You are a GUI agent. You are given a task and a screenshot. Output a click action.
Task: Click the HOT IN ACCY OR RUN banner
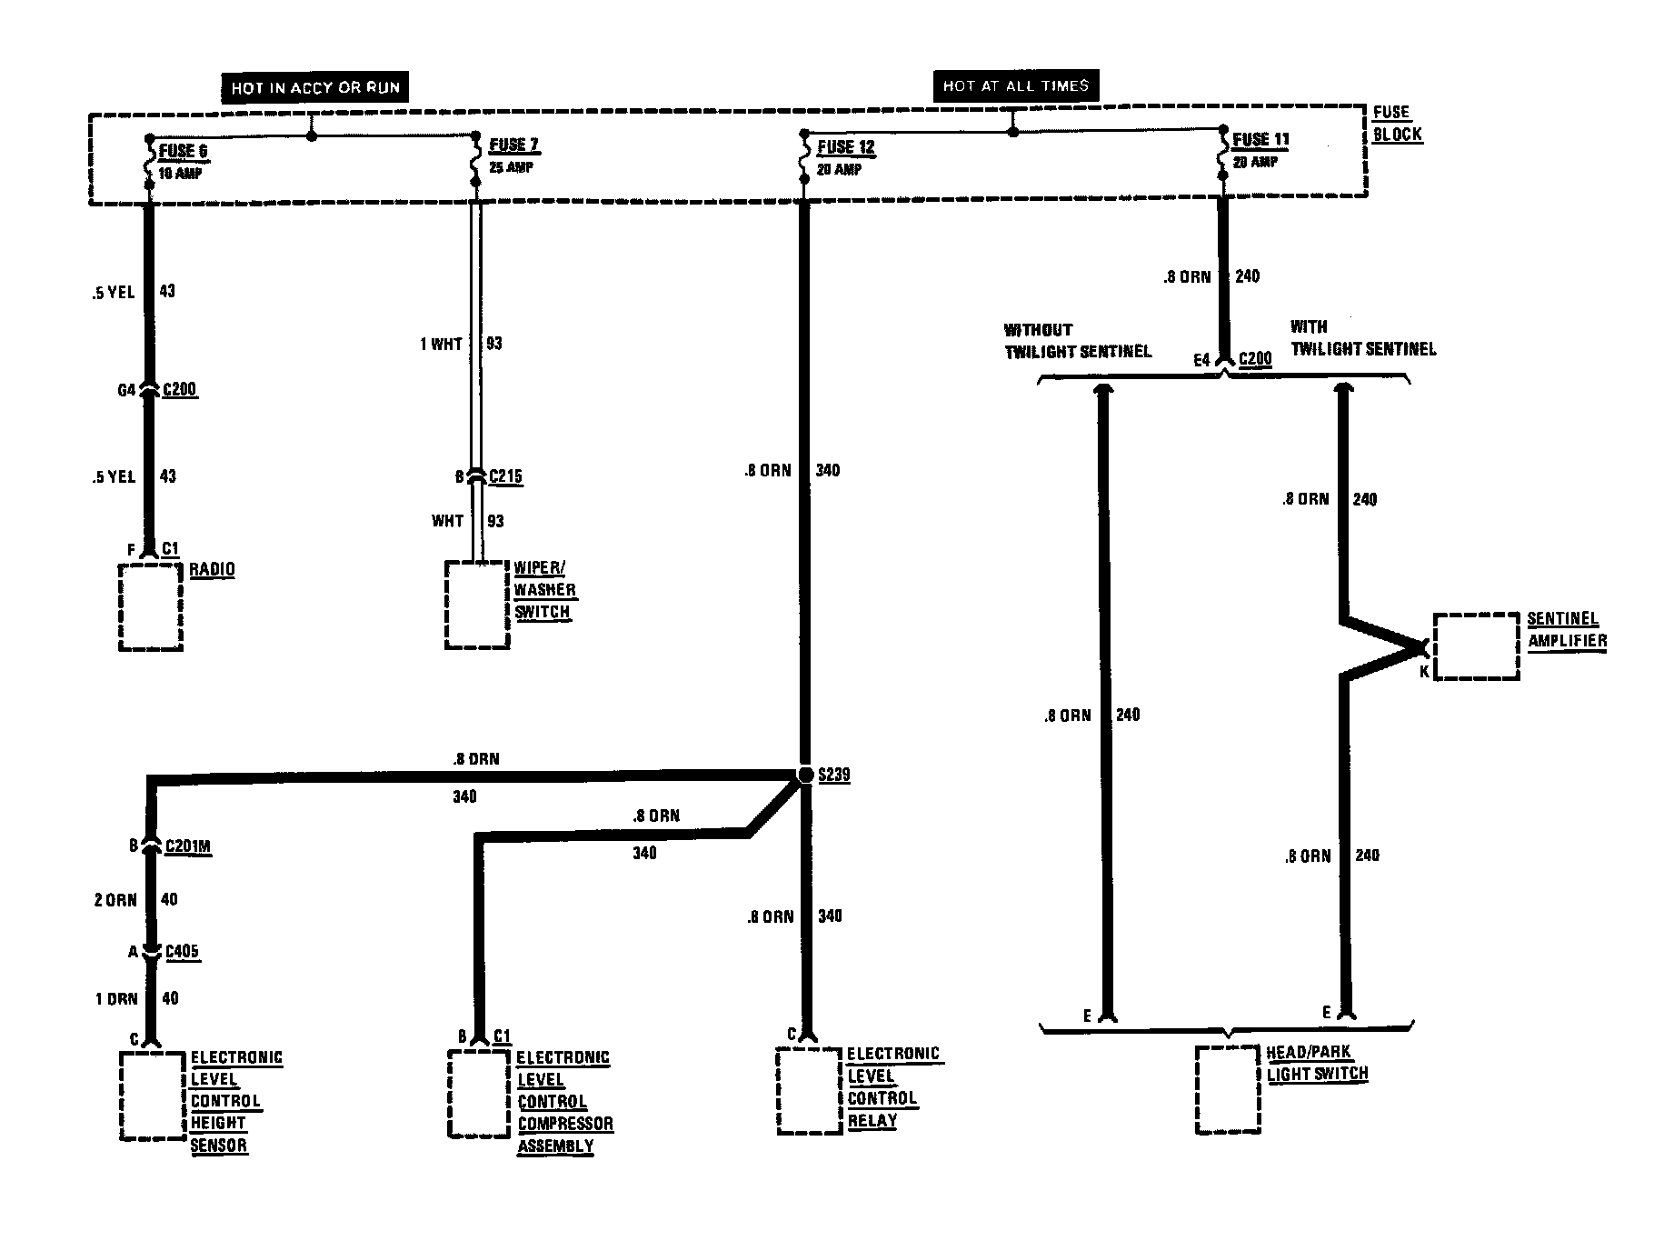[314, 87]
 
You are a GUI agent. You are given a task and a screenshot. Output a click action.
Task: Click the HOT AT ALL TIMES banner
[1015, 85]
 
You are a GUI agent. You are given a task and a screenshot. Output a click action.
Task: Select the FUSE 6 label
[183, 151]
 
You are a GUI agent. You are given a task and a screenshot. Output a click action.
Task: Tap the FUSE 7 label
[514, 145]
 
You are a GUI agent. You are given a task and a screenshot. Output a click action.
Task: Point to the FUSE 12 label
[846, 147]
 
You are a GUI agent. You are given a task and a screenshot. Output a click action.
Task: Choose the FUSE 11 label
[1261, 140]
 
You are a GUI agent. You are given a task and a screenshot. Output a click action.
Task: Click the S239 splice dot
[805, 775]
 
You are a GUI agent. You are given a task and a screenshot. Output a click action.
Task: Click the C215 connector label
[505, 476]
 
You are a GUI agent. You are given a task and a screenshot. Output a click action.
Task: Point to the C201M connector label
[188, 846]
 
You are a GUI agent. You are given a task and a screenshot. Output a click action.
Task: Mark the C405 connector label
[182, 952]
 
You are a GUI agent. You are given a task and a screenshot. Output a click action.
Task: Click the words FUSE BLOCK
[1397, 124]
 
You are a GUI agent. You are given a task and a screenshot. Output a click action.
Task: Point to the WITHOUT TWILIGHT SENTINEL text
[1078, 341]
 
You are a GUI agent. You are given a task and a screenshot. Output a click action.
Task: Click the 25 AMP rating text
[512, 168]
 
